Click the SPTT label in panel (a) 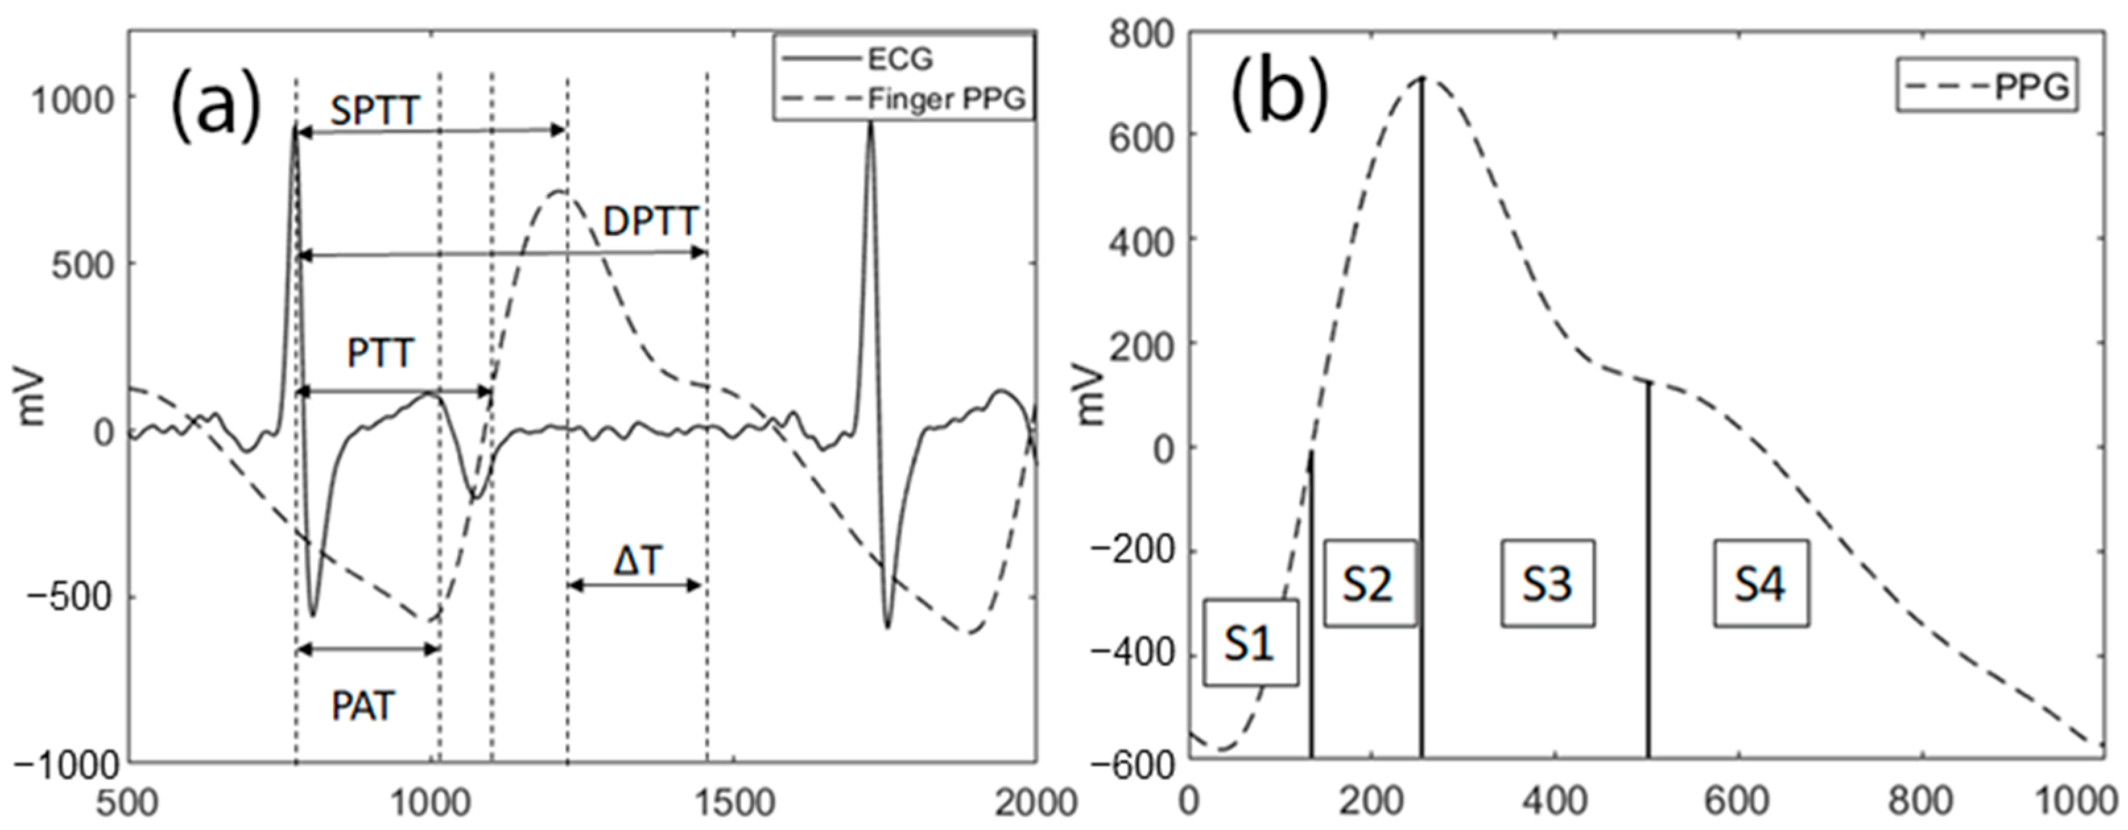point(375,111)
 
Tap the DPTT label point(651,223)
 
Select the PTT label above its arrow point(379,353)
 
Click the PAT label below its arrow point(363,707)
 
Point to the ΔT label point(638,562)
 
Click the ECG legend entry point(900,59)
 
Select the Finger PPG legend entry point(946,99)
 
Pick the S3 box point(1548,583)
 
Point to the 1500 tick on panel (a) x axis point(734,804)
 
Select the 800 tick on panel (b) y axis point(1140,36)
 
